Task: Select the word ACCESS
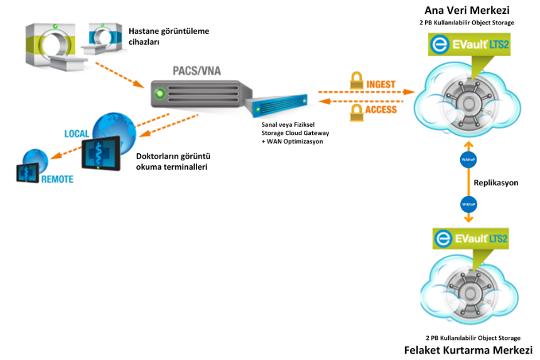pyautogui.click(x=381, y=109)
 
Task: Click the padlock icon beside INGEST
pyautogui.click(x=356, y=82)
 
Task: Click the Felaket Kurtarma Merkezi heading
pyautogui.click(x=468, y=350)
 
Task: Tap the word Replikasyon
pyautogui.click(x=496, y=182)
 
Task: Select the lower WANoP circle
pyautogui.click(x=468, y=204)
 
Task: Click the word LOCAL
pyautogui.click(x=77, y=134)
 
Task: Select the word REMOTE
pyautogui.click(x=57, y=179)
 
